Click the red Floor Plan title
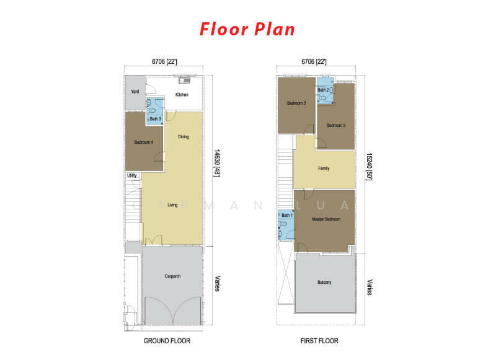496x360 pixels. point(247,29)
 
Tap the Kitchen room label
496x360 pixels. point(182,95)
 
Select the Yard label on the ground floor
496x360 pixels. point(135,91)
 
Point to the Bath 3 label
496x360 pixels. point(156,119)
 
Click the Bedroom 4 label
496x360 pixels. point(144,142)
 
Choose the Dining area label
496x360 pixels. point(184,137)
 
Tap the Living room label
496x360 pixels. point(172,205)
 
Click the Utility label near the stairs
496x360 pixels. point(132,175)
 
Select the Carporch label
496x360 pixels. point(172,276)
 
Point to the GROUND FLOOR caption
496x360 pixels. point(167,341)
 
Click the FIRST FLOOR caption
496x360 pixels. point(319,341)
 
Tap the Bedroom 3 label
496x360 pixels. point(296,103)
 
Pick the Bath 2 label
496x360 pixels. point(323,90)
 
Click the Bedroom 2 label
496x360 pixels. point(336,126)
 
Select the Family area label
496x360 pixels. point(324,169)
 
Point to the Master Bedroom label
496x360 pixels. point(326,219)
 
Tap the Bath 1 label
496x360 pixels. point(287,215)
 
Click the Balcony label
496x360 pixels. point(324,283)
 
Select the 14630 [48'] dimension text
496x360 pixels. point(216,163)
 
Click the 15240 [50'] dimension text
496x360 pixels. point(369,167)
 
